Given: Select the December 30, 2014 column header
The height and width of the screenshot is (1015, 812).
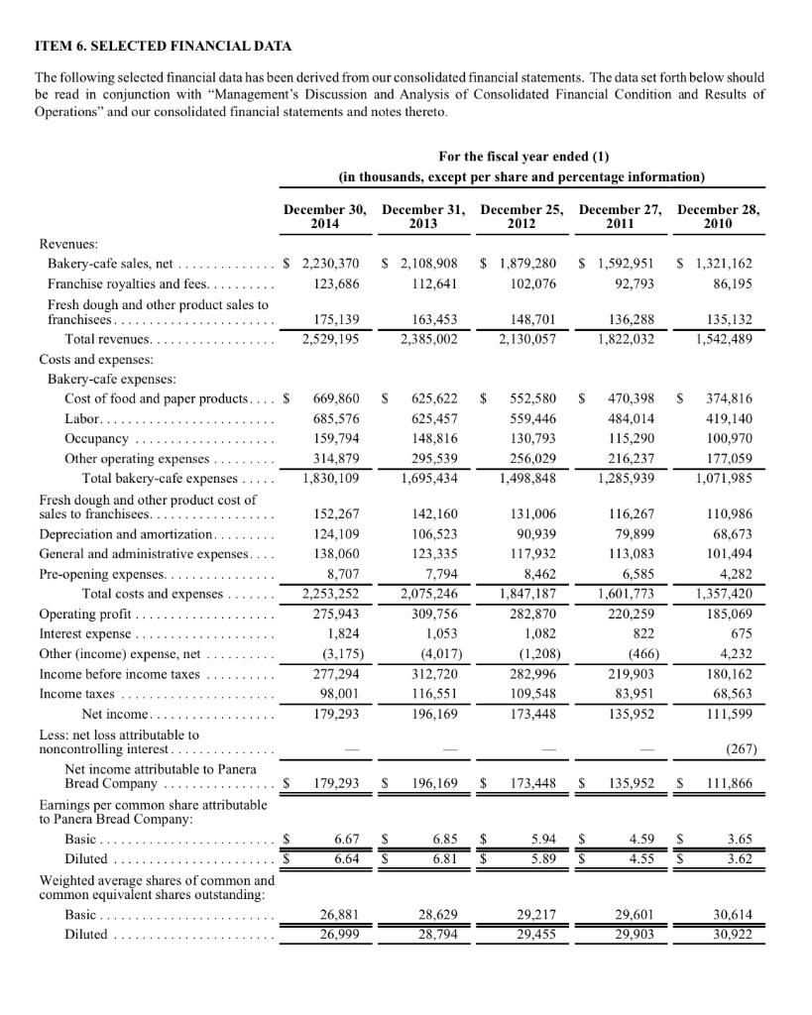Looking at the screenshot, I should pos(325,217).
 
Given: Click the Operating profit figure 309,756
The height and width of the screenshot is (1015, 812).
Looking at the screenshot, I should pos(431,614).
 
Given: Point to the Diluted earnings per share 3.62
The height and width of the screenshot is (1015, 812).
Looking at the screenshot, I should pos(736,858).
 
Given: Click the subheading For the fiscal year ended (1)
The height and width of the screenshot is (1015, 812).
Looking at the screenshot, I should pos(522,158).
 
